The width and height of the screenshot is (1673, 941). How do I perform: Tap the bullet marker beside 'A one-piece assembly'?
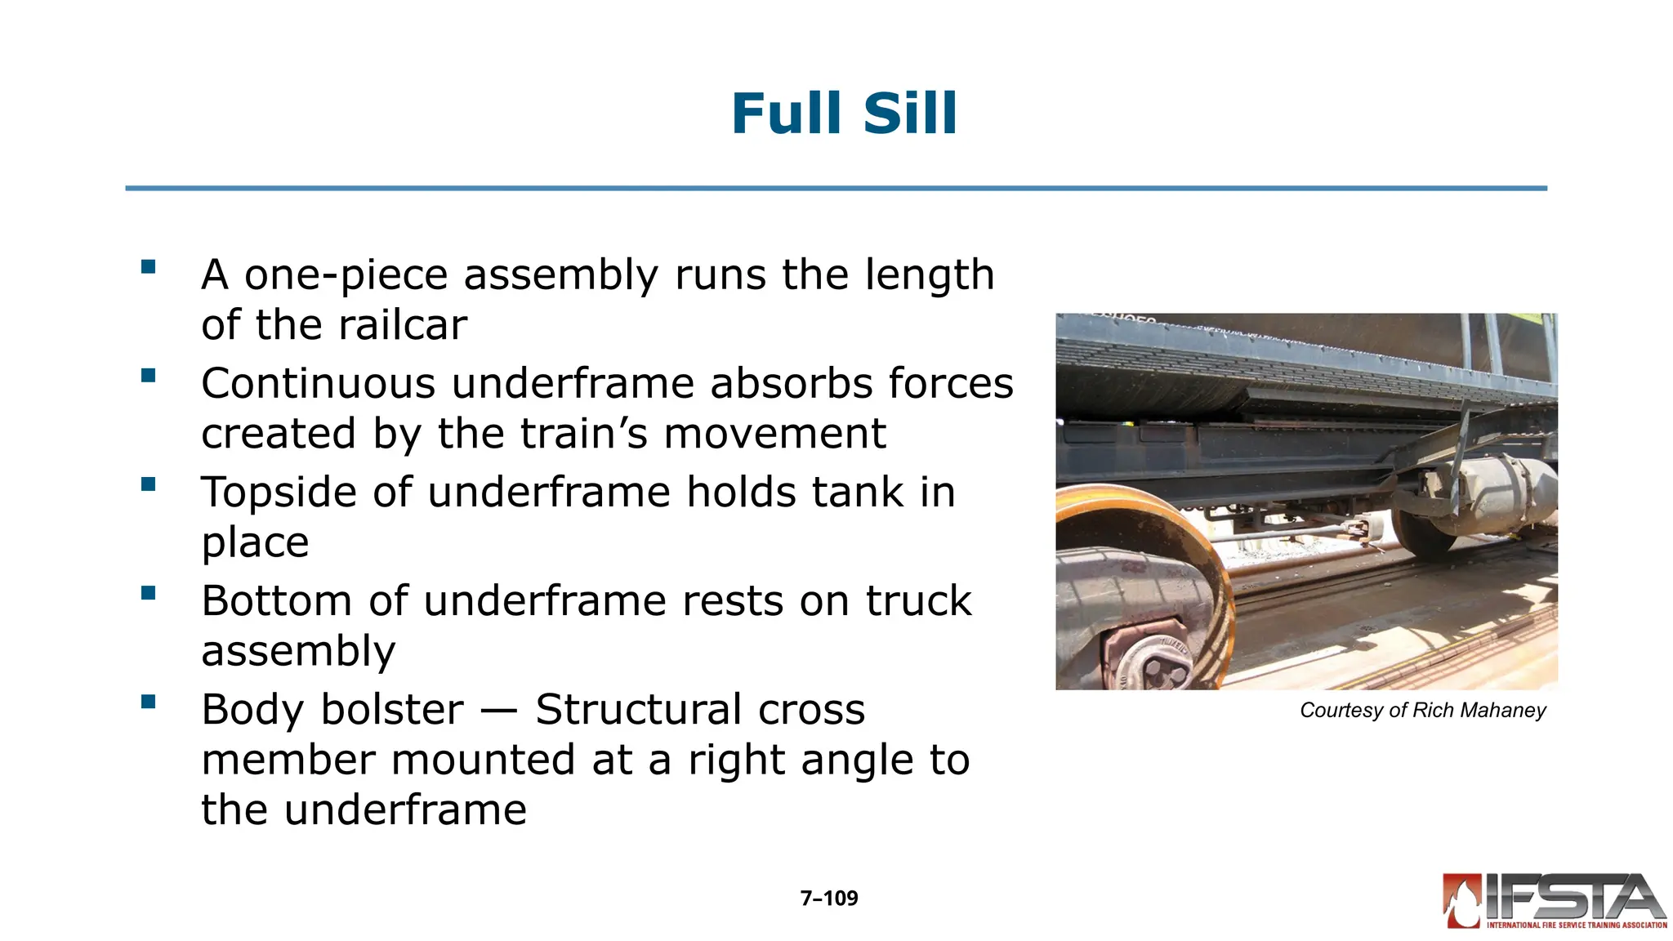click(x=148, y=266)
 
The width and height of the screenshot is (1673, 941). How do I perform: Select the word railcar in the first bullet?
click(x=402, y=325)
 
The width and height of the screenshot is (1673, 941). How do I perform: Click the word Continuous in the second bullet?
click(x=317, y=383)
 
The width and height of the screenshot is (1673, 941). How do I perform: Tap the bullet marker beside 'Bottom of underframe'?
click(x=148, y=593)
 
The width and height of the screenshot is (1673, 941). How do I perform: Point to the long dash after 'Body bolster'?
click(x=499, y=711)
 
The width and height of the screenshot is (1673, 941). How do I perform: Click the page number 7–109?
click(x=828, y=899)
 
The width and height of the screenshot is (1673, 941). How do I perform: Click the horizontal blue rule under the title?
click(x=836, y=189)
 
